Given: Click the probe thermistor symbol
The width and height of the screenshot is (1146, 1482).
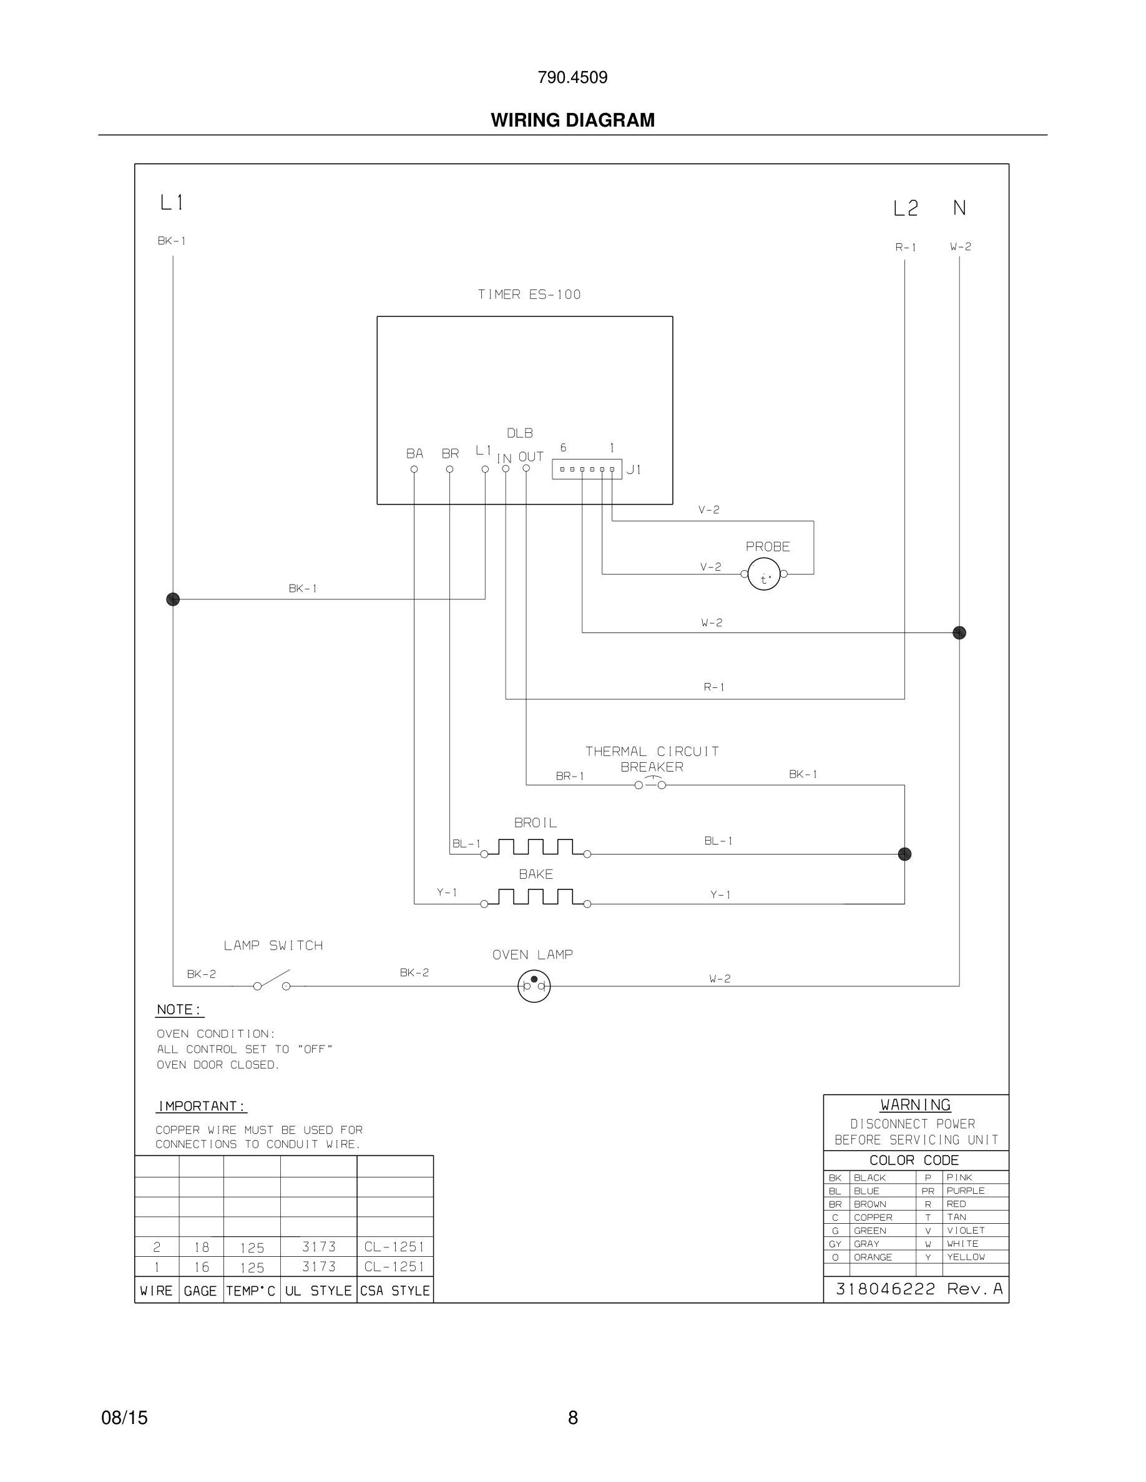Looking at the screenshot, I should click(764, 574).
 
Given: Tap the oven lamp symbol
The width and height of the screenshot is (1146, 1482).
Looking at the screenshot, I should click(534, 986).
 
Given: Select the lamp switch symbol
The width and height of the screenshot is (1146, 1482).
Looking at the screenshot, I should click(272, 982).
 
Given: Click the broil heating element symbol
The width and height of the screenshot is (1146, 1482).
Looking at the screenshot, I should click(536, 848).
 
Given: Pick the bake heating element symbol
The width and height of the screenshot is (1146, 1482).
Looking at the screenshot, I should click(536, 898).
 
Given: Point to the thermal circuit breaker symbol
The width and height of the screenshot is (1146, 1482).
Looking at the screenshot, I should click(650, 785).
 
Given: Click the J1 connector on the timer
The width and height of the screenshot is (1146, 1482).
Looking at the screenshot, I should click(587, 469).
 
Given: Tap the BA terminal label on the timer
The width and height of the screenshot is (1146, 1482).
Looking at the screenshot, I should click(414, 453).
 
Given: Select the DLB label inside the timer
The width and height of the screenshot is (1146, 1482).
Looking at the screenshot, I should click(519, 433).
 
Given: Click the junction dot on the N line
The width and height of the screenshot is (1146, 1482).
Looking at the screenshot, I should click(959, 632).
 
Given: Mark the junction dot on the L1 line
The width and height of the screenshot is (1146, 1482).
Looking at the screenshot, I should click(173, 599).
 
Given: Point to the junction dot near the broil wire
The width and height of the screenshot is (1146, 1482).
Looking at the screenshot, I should click(904, 854).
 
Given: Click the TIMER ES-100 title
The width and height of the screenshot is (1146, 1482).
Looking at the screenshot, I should click(529, 294).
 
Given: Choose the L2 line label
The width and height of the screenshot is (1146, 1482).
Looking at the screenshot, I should click(905, 208).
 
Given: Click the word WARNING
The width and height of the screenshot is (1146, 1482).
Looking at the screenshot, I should click(915, 1105).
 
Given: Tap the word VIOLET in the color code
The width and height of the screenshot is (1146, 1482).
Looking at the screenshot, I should click(966, 1230).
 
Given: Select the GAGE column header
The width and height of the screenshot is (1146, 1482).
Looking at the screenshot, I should click(200, 1291).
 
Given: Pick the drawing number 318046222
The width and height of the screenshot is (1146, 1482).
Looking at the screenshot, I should click(885, 1289).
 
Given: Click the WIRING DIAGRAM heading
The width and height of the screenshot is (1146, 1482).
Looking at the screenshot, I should click(572, 120).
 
